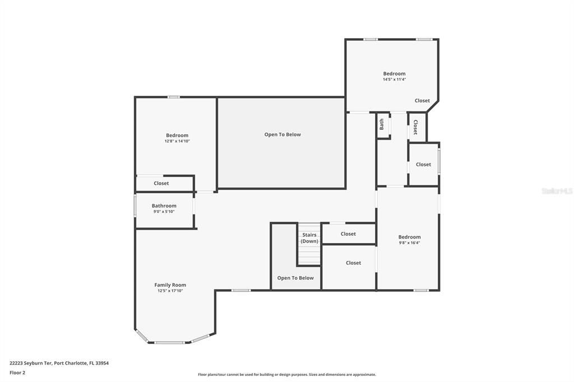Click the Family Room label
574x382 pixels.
click(x=170, y=285)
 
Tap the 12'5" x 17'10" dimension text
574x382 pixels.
click(x=170, y=291)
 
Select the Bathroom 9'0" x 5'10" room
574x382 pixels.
click(x=164, y=208)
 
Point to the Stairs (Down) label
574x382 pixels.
click(x=309, y=238)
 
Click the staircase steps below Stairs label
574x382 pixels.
click(x=309, y=256)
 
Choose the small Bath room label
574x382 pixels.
click(x=382, y=124)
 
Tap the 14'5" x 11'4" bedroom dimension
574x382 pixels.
click(x=394, y=80)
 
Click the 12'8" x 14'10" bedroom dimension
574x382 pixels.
click(x=177, y=141)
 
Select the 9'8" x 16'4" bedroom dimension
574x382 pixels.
click(x=409, y=243)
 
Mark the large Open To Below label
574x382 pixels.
click(x=283, y=134)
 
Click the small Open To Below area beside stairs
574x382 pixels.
click(x=295, y=278)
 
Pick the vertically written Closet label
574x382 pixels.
click(x=415, y=127)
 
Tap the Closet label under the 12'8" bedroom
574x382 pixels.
click(x=161, y=183)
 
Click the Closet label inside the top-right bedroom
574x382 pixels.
click(x=422, y=101)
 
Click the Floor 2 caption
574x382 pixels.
click(x=17, y=372)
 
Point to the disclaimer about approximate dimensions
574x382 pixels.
click(x=286, y=375)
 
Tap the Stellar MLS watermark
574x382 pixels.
click(x=557, y=191)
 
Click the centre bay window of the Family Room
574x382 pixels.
click(x=169, y=342)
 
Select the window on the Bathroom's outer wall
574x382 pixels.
click(x=135, y=205)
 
